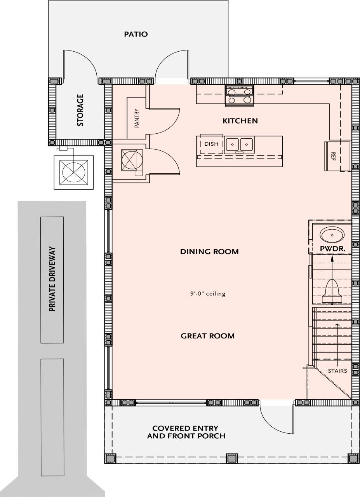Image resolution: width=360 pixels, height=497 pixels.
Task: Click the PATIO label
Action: (136, 34)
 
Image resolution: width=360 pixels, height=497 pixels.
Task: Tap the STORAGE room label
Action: (80, 110)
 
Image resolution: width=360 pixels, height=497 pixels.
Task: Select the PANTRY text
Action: (137, 118)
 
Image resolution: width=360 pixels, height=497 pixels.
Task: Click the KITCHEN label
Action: (240, 121)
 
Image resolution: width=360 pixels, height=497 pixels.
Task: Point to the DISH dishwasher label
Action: (211, 144)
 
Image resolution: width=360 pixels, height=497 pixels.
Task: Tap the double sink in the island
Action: (240, 144)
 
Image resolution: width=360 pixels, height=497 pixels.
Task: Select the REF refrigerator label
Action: (333, 156)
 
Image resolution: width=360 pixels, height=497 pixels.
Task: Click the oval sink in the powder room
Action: (332, 235)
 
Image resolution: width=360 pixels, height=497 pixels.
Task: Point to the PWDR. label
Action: (332, 248)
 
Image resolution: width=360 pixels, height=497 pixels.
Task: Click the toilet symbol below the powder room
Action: (332, 291)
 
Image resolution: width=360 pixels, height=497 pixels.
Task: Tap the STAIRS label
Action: (337, 371)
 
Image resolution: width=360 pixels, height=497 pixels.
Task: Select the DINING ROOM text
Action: (209, 252)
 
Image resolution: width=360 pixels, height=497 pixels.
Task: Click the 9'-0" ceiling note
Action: (205, 294)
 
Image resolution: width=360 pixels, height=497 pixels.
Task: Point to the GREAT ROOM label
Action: (207, 336)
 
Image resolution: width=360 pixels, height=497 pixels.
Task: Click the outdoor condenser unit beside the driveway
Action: (73, 172)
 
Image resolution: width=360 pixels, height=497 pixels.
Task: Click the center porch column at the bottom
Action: (231, 458)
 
